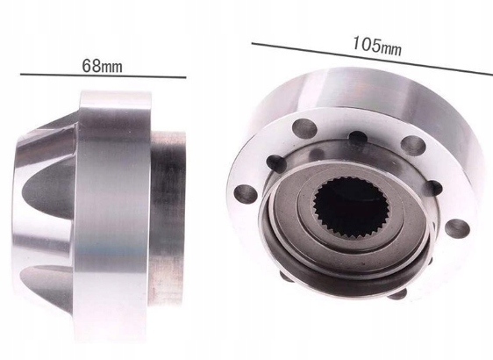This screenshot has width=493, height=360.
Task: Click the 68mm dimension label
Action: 102,66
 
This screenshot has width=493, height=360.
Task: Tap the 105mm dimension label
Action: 377,47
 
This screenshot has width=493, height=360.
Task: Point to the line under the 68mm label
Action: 104,76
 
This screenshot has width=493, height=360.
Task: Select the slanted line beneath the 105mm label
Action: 372,59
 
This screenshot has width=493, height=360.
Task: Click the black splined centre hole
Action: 350,207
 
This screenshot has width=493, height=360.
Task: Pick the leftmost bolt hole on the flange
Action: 246,193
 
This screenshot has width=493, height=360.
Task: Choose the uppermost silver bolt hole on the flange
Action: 304,128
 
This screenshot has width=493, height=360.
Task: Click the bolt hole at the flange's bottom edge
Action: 397,294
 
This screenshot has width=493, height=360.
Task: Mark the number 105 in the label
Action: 367,44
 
